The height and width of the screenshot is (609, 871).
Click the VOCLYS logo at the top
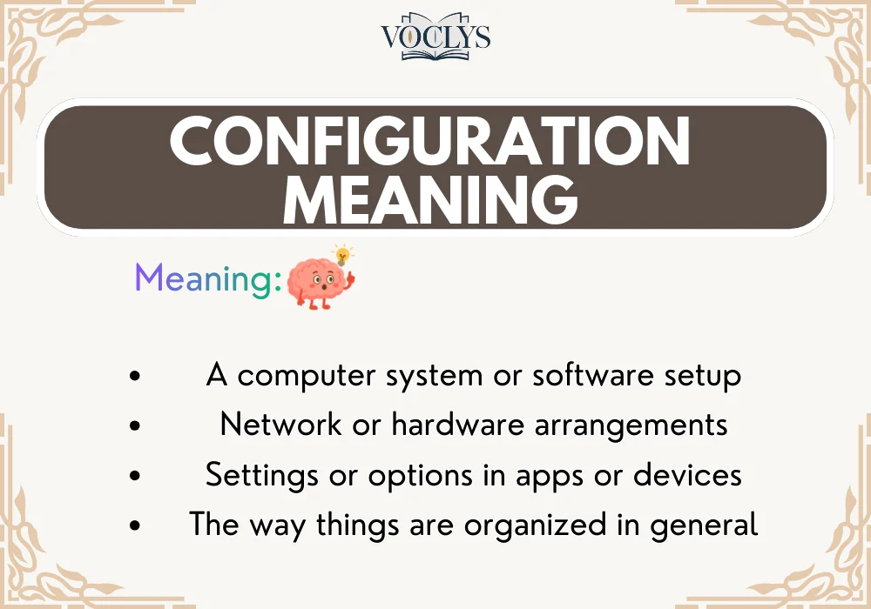435,37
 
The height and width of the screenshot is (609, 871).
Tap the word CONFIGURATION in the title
429,141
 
